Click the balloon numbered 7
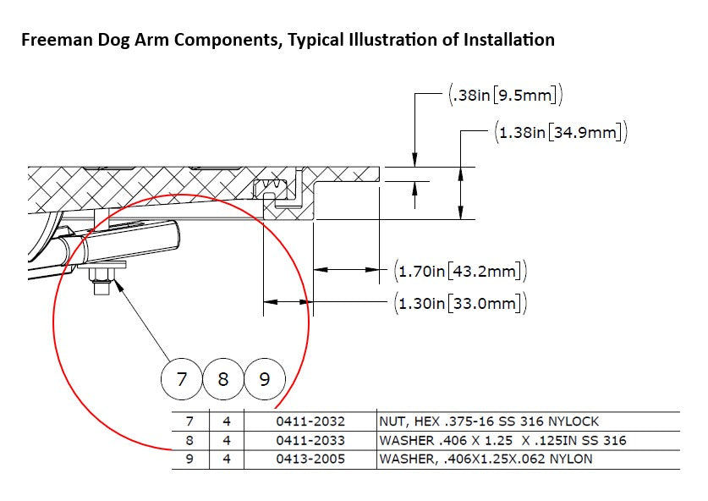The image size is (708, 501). [x=182, y=378]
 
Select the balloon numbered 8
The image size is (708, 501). [x=223, y=378]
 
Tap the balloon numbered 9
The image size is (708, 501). [x=265, y=378]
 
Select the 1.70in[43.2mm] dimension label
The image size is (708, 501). [x=461, y=272]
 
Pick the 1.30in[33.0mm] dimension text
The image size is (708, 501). [x=461, y=302]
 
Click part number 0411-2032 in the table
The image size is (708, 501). [x=310, y=421]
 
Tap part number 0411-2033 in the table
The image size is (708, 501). [x=310, y=440]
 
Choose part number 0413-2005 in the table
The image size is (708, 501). [x=310, y=460]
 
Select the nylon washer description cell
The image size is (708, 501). [x=486, y=460]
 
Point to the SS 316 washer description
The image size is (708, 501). [x=503, y=440]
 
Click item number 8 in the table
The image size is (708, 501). [x=189, y=440]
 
